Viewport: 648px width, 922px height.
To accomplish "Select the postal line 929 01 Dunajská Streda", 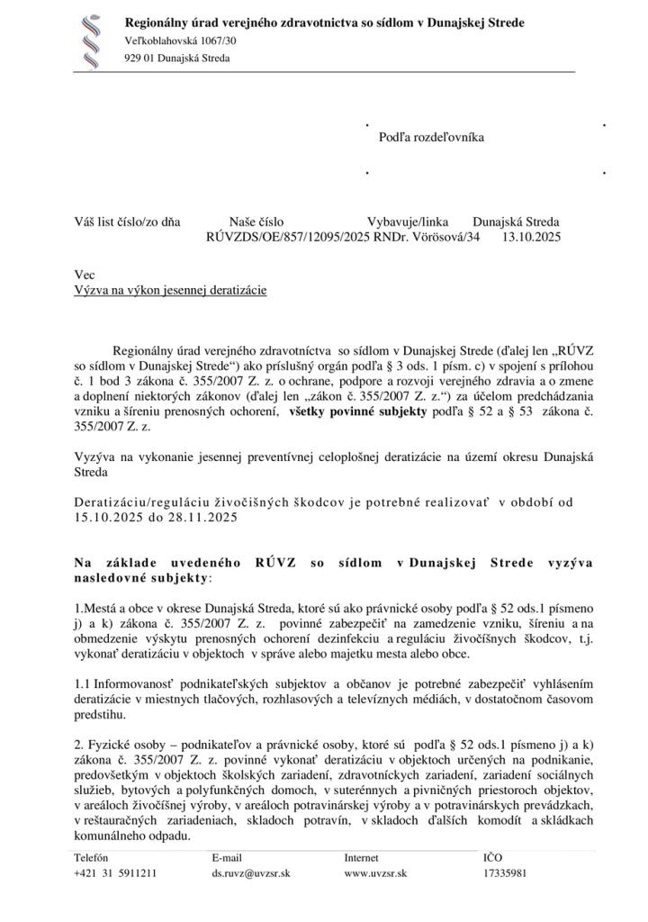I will tap(176, 59).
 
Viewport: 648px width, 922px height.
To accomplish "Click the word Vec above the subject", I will tap(83, 275).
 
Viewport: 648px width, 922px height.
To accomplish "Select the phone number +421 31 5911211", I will tap(115, 872).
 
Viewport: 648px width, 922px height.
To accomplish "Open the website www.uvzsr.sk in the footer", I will tap(375, 872).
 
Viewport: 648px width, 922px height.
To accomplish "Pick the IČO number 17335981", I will tap(505, 872).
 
